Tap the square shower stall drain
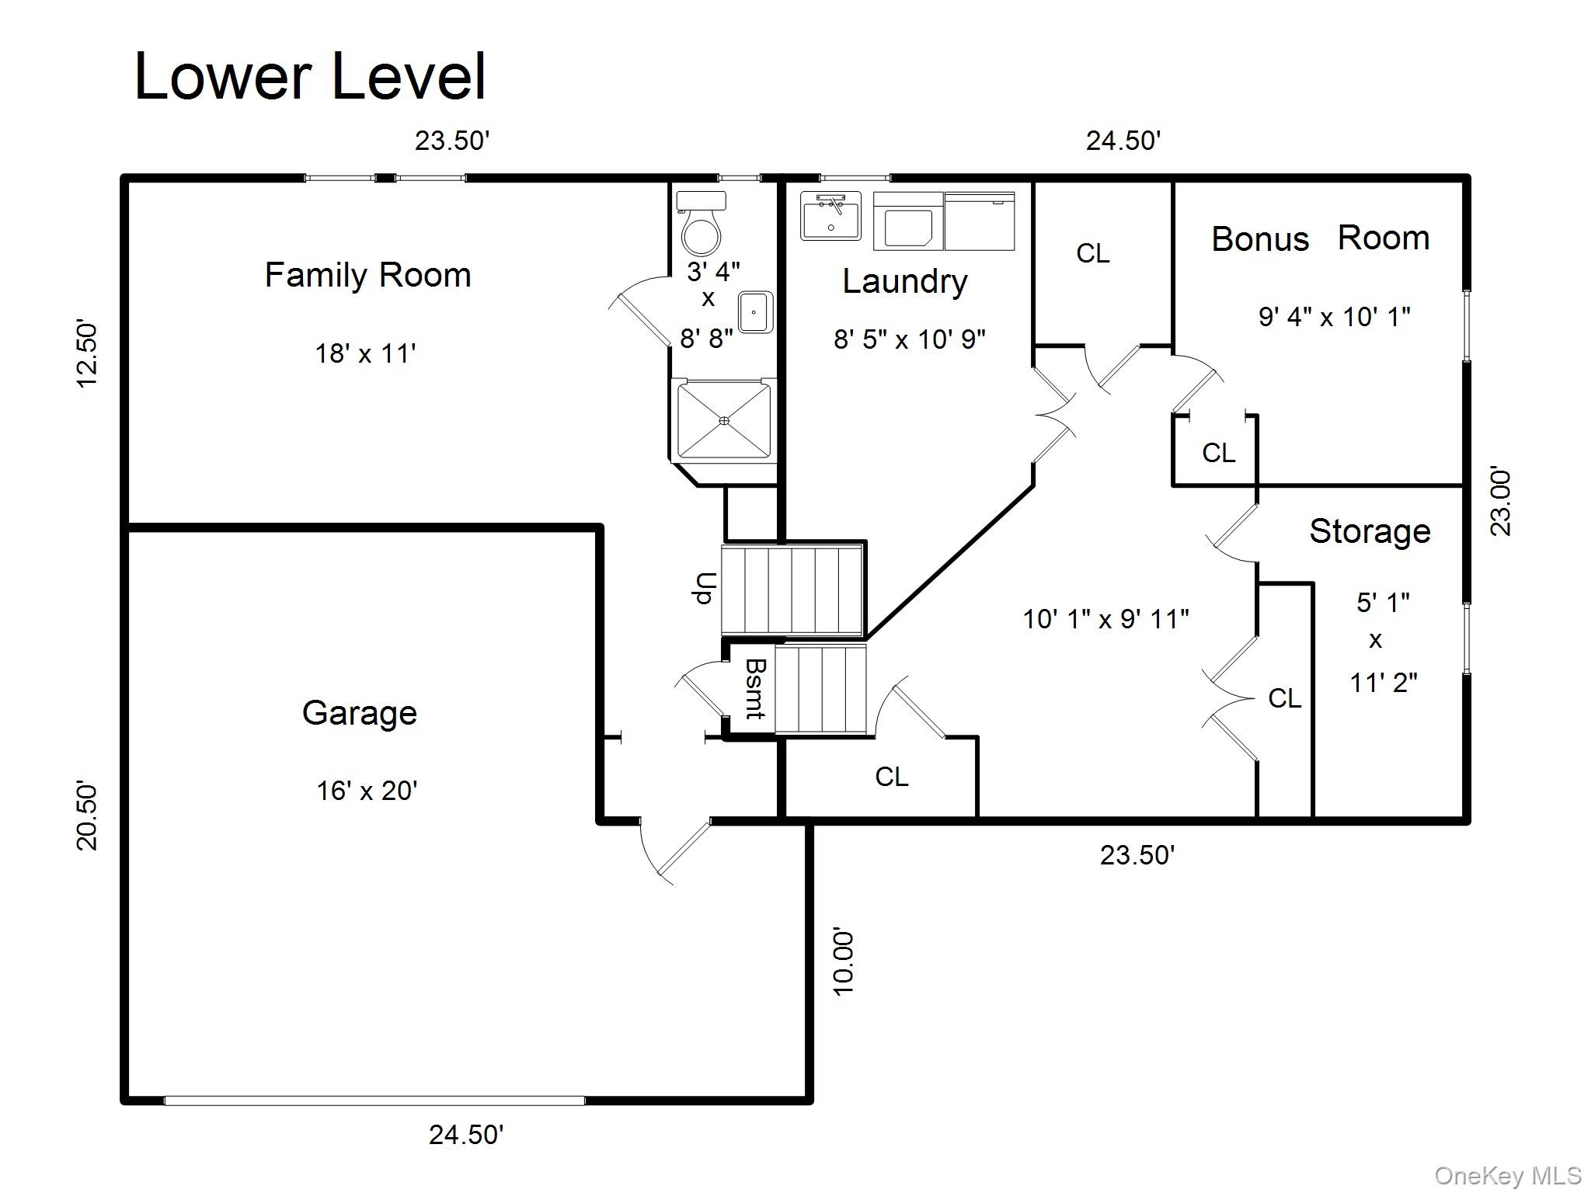724,420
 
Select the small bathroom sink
755,312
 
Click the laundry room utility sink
830,216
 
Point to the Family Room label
367,276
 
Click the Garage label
359,713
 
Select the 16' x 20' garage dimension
367,791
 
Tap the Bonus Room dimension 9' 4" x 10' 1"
1334,317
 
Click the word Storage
1370,532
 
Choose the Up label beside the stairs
705,588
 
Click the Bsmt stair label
756,689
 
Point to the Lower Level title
310,76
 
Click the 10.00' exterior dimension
843,961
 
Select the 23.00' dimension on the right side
1501,502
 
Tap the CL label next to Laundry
1092,253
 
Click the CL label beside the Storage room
1284,698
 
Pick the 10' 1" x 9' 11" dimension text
1105,619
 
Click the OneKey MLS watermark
1507,1176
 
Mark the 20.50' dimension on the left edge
87,816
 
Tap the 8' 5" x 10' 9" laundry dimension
909,339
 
